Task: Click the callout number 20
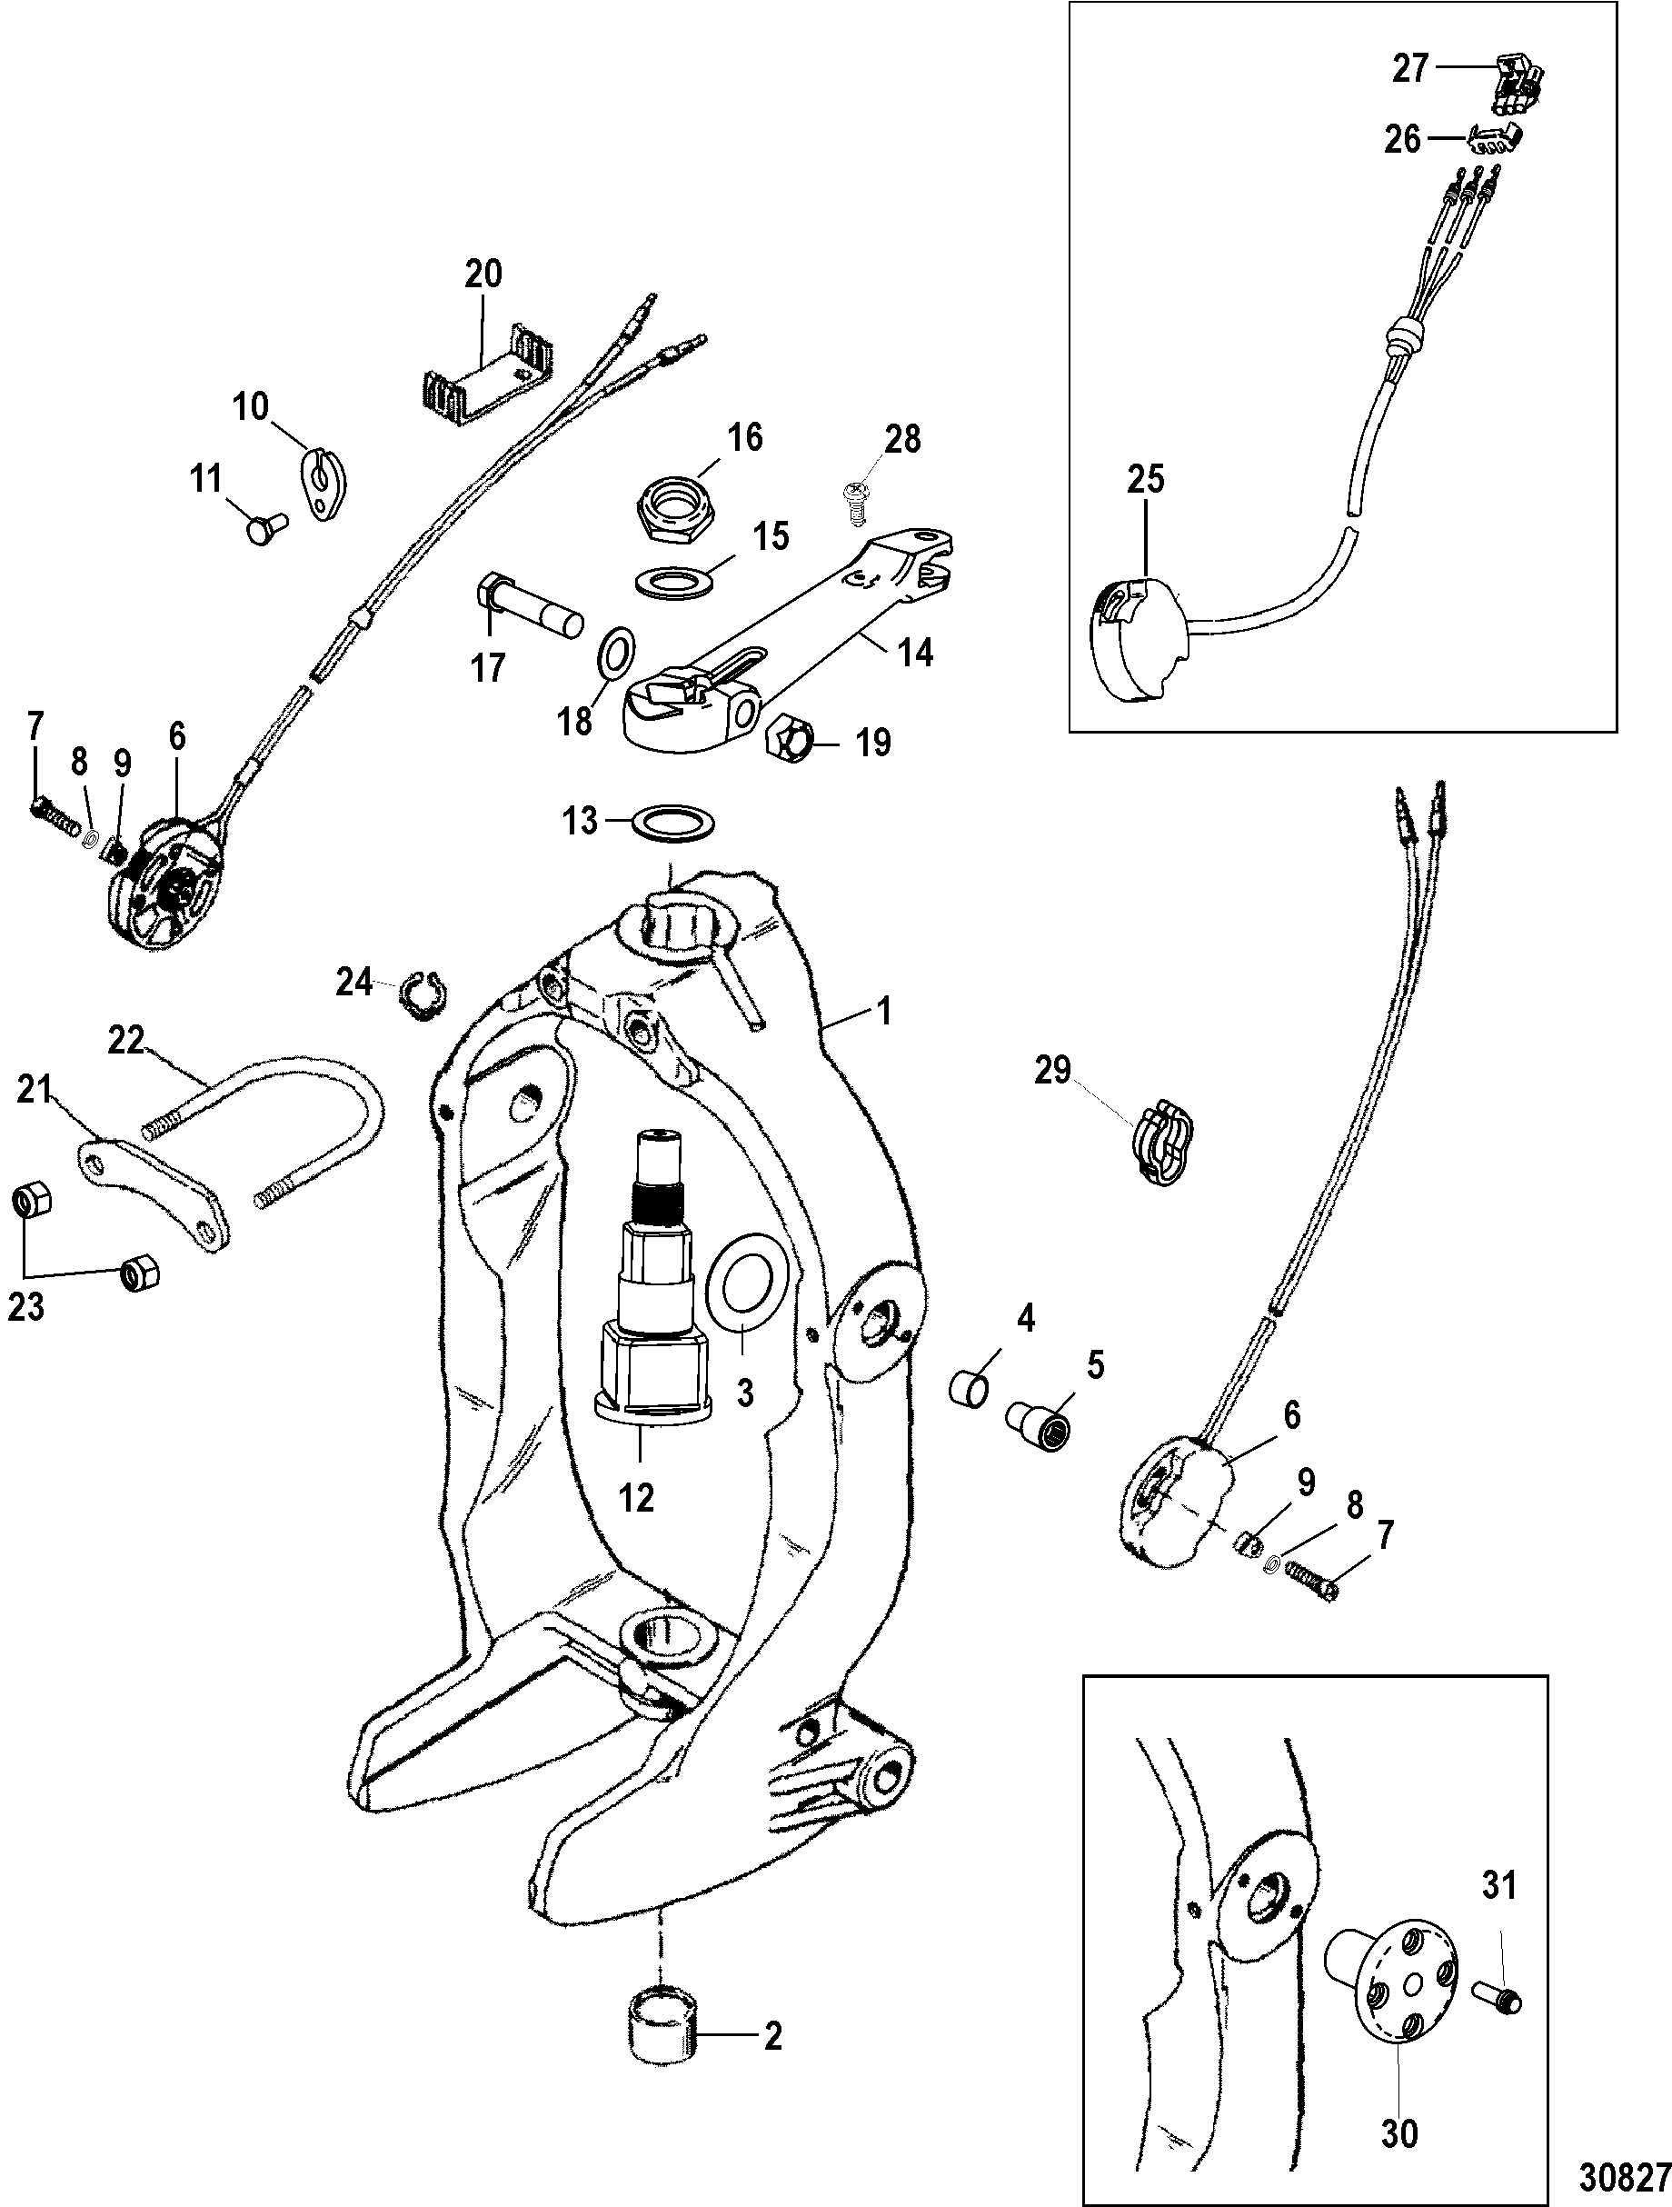click(x=483, y=274)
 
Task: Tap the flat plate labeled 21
click(x=154, y=1196)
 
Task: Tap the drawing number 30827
click(x=1622, y=2173)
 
